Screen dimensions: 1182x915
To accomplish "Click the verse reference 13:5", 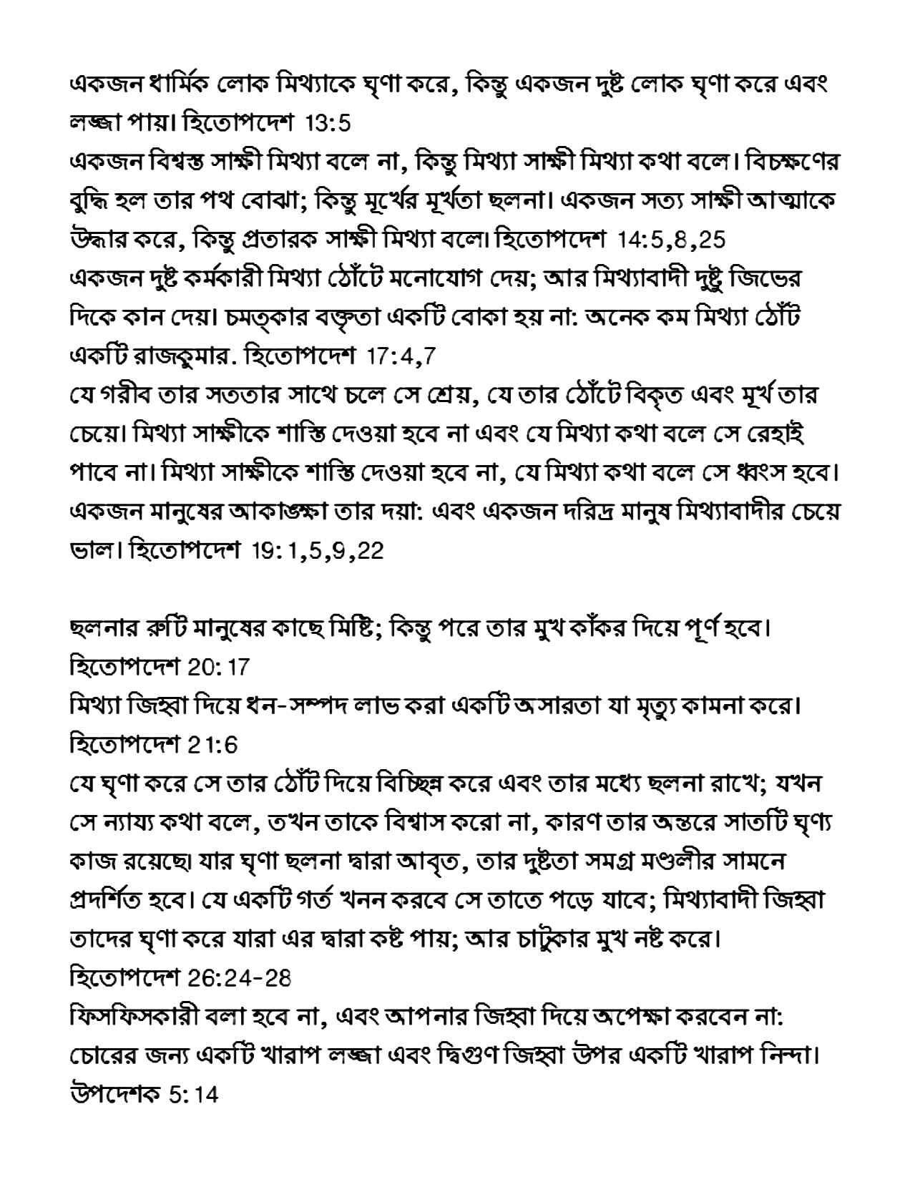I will (328, 124).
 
